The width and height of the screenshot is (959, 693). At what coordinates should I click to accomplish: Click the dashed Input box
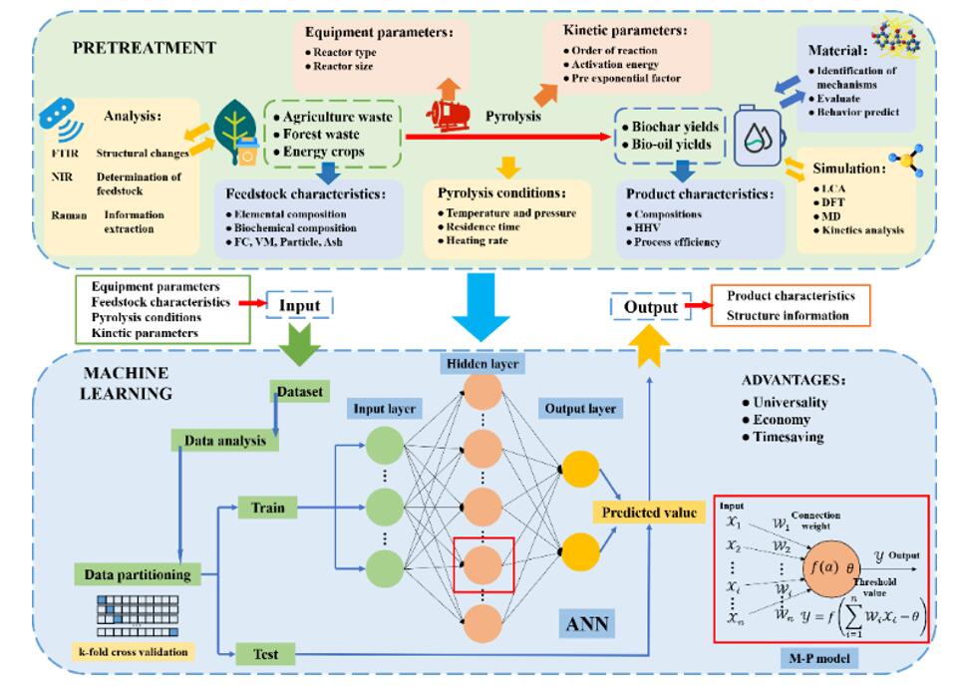coord(299,306)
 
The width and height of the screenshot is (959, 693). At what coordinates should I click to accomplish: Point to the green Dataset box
coord(299,393)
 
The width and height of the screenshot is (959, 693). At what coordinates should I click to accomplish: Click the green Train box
coord(269,509)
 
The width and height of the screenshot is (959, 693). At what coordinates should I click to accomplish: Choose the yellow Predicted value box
coord(649,513)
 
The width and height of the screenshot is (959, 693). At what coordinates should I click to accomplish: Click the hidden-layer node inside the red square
coord(482,562)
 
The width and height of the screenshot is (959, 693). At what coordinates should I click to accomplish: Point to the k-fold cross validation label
coord(134,653)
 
